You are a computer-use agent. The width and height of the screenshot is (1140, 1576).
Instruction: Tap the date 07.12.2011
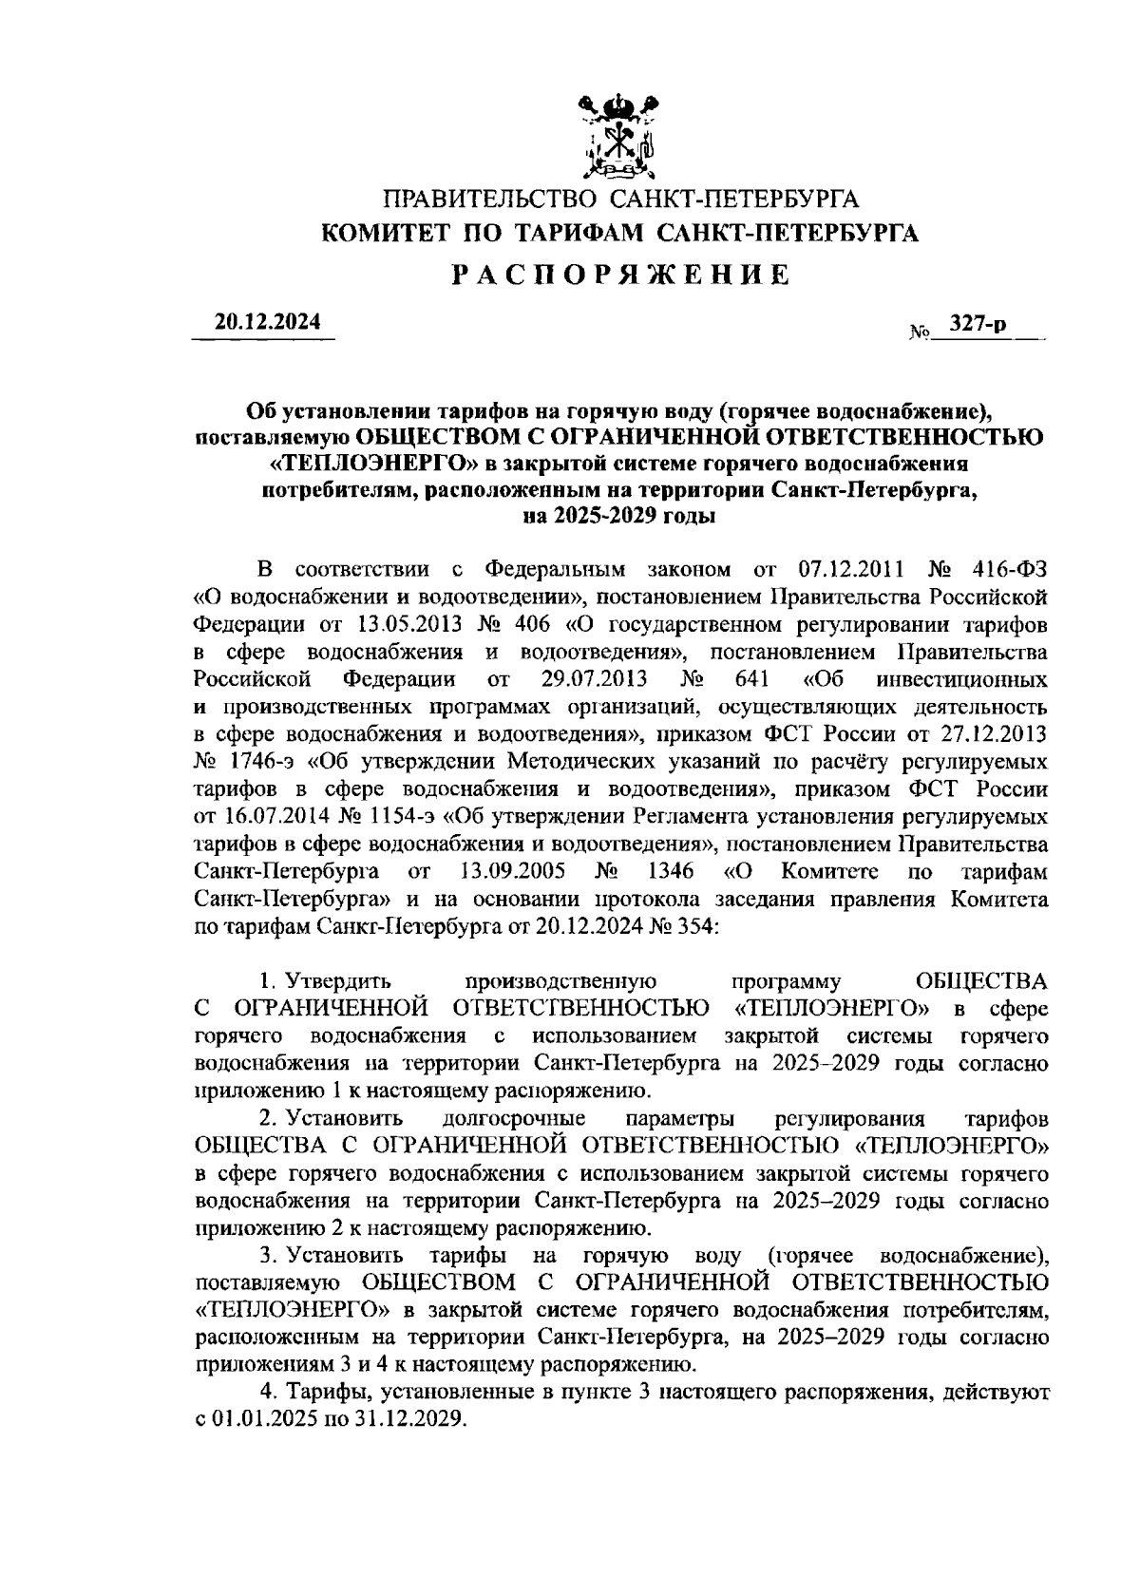pyautogui.click(x=850, y=570)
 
